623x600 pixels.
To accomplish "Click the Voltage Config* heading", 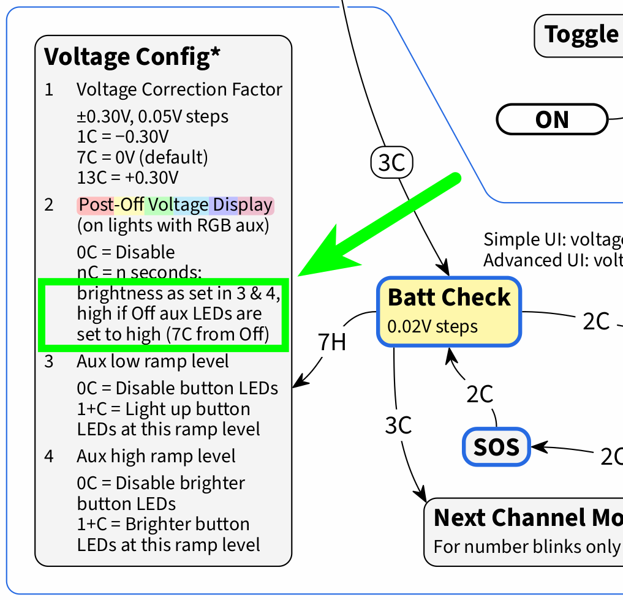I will point(132,57).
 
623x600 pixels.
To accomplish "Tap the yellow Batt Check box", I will point(448,311).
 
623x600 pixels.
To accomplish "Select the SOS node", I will point(496,447).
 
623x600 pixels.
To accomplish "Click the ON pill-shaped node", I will point(552,119).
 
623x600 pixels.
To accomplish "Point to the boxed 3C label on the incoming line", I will point(392,163).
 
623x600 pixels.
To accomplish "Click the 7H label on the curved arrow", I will point(332,342).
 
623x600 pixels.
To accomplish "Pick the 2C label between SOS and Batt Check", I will point(480,394).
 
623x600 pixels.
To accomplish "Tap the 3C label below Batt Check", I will point(398,425).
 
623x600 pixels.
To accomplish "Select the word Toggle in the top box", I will point(581,34).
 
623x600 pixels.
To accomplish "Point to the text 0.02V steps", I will point(432,326).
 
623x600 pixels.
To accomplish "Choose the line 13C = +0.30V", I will point(127,178).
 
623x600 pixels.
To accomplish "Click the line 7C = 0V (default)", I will point(142,157).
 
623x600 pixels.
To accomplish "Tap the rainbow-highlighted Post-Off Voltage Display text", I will point(175,205).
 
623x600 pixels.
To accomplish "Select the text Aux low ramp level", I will point(153,361).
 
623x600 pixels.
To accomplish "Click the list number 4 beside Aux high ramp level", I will point(49,456).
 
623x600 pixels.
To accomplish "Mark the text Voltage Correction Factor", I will point(179,89).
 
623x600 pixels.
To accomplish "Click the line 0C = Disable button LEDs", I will point(177,388).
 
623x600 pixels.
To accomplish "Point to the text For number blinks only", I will point(527,546).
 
